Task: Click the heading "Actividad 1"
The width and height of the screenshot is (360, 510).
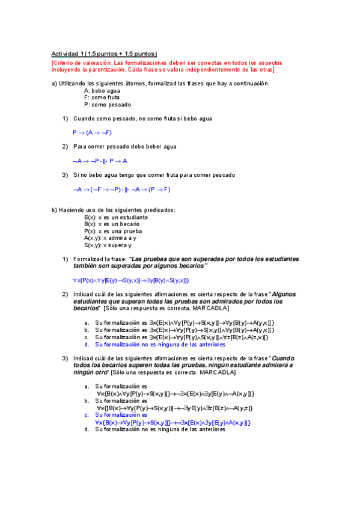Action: pyautogui.click(x=68, y=54)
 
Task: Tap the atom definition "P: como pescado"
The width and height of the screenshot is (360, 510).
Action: pyautogui.click(x=108, y=105)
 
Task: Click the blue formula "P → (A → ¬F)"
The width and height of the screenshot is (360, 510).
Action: pyautogui.click(x=93, y=132)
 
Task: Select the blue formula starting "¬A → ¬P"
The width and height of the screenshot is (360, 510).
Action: pyautogui.click(x=100, y=161)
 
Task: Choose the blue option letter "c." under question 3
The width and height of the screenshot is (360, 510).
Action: pyautogui.click(x=87, y=414)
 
